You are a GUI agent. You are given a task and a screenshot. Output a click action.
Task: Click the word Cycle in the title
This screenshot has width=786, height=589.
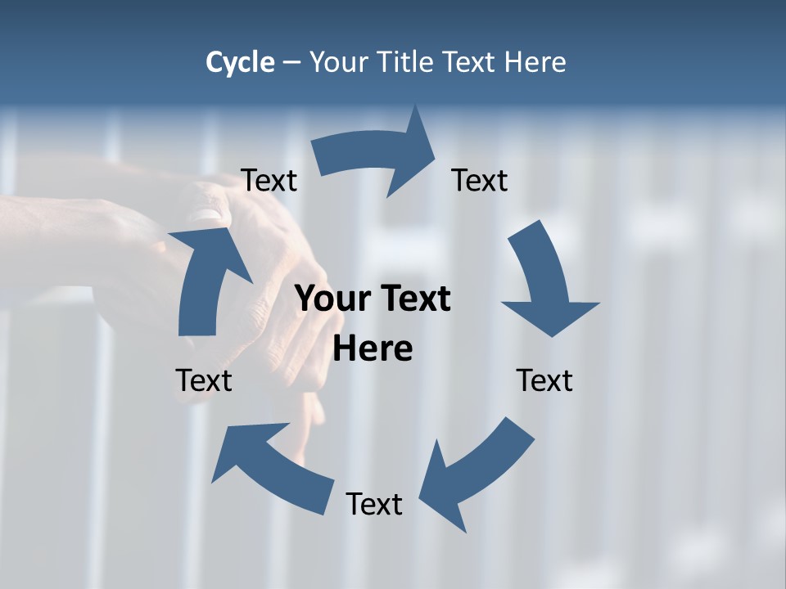pos(240,62)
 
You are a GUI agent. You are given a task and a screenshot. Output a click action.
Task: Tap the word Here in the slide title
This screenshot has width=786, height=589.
pos(535,62)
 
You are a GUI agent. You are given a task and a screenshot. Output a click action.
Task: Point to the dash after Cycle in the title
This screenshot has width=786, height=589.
pos(291,63)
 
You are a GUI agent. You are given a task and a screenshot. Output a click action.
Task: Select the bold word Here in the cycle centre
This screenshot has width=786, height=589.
pos(373,349)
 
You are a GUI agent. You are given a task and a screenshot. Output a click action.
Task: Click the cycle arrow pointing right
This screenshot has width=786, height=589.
pos(377,155)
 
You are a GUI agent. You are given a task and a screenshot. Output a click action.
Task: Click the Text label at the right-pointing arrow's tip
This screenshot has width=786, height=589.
pos(480,180)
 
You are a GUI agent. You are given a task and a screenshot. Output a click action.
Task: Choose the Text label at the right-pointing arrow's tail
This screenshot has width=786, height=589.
pos(269,181)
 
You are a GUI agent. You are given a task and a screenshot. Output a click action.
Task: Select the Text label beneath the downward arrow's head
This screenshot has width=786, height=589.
pos(544,380)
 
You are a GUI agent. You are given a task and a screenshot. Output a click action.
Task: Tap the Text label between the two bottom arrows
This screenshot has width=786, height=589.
pos(374,504)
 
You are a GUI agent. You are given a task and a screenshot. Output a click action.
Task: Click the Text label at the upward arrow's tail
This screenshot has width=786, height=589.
pos(204,380)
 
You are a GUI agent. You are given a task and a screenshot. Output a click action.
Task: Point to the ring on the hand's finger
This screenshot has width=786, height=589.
pos(203,216)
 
